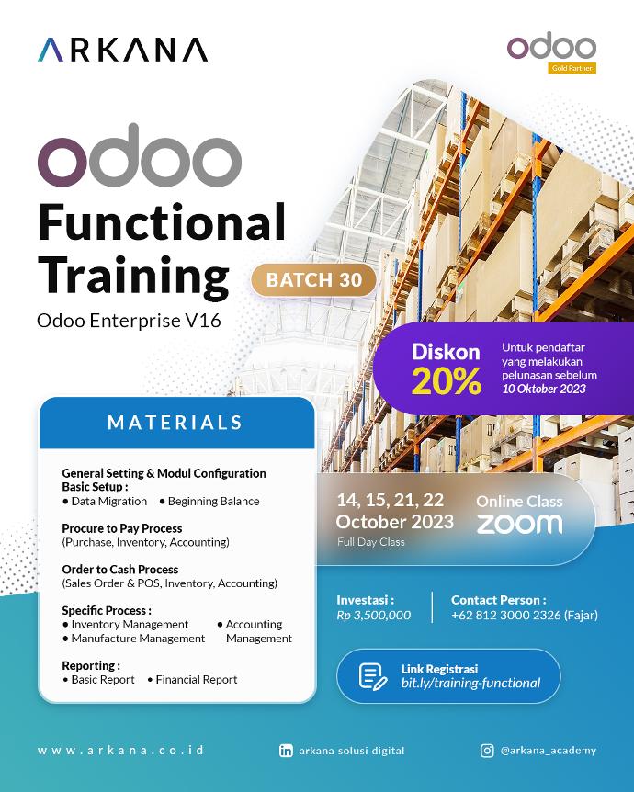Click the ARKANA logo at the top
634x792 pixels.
[122, 50]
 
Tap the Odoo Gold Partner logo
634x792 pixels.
[551, 52]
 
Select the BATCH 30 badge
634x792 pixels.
[313, 280]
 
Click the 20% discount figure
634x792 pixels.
[446, 380]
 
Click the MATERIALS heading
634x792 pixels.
[175, 423]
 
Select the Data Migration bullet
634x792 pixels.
[105, 502]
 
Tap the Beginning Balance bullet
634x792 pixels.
[209, 502]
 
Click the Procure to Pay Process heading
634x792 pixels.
[121, 528]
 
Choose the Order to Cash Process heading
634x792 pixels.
[119, 570]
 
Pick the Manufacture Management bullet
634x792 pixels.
[134, 638]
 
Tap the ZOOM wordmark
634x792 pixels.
[519, 524]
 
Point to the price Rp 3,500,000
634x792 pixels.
[373, 615]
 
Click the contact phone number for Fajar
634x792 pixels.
[524, 615]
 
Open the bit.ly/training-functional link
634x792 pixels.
[470, 683]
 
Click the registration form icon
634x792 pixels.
[372, 675]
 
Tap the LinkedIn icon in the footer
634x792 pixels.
[286, 751]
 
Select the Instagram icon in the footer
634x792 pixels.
[487, 751]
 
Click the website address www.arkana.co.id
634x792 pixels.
[120, 751]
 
